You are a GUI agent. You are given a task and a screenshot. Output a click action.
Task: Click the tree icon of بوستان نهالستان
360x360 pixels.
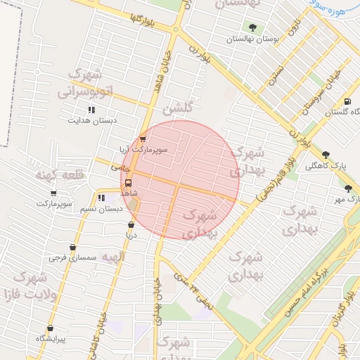[x=252, y=28]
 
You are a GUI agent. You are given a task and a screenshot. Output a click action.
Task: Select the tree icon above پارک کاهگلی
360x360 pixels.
[x=325, y=155]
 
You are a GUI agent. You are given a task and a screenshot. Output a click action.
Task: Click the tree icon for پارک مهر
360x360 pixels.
[x=348, y=188]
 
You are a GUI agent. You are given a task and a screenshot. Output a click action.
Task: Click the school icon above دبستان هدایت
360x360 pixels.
[x=91, y=109]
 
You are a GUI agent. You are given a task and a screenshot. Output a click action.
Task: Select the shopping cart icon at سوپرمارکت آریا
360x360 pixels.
[x=143, y=139]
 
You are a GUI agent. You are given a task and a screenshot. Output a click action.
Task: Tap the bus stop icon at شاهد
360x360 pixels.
[x=127, y=183]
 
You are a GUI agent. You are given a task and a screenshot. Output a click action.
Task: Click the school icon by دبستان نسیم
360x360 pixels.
[x=101, y=198]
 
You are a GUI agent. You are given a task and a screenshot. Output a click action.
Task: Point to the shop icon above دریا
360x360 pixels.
[x=131, y=225]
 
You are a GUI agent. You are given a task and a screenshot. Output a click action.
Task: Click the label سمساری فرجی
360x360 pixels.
[x=67, y=258]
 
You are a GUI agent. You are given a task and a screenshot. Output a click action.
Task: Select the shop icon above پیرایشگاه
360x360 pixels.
[x=50, y=328]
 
